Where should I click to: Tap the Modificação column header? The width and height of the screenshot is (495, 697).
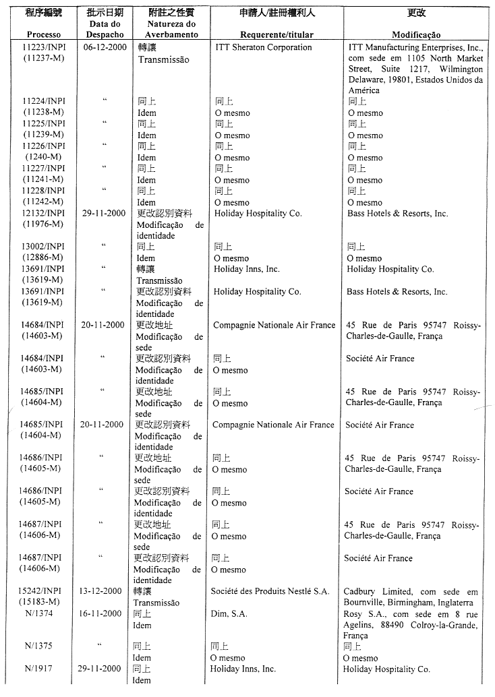(x=416, y=34)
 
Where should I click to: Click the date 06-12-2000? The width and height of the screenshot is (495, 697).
(x=105, y=48)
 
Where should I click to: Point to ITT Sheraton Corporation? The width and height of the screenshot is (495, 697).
(x=264, y=48)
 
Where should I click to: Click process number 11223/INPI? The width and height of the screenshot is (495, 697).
(x=44, y=48)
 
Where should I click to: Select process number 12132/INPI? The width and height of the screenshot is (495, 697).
(x=44, y=214)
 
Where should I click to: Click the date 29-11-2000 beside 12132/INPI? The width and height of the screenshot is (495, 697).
(x=105, y=214)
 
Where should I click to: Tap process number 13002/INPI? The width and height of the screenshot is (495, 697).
(x=44, y=247)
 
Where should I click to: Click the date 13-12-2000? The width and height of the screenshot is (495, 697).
(x=103, y=591)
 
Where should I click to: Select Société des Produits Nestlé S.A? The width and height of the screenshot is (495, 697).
(x=270, y=591)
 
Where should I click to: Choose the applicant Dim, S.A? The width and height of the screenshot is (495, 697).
(x=229, y=613)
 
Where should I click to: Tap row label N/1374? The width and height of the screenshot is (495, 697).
(x=40, y=613)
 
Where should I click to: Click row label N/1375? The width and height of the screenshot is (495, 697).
(x=38, y=646)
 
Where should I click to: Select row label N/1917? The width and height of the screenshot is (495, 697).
(x=38, y=669)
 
